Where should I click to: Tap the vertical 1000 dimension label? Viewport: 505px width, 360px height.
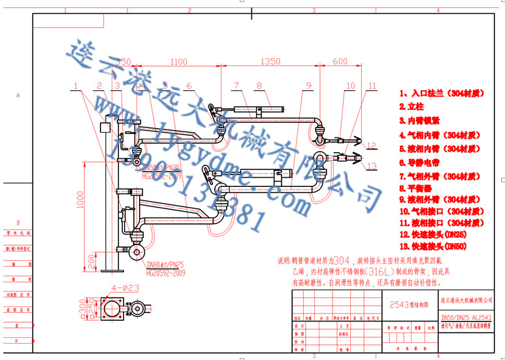point(80,203)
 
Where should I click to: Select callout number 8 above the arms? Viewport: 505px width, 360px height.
point(259,86)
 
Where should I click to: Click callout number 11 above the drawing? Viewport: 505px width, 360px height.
point(372,86)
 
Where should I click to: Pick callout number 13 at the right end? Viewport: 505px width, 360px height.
point(372,166)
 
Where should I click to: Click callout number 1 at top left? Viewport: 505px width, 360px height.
point(76,86)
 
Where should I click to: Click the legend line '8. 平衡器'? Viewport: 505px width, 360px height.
point(416,188)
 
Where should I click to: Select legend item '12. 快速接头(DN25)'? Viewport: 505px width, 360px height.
point(433,233)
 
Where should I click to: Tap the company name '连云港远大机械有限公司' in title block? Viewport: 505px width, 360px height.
point(465,300)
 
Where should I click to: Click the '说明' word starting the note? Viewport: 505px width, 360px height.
point(285,259)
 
